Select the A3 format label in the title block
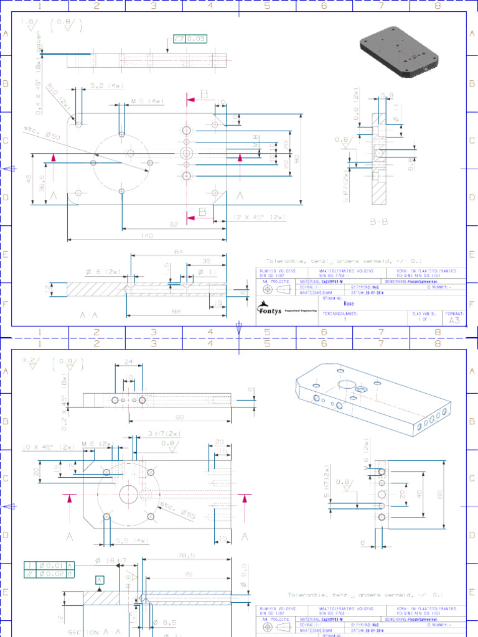click(x=454, y=320)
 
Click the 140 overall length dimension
click(x=147, y=235)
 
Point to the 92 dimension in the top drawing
click(x=174, y=224)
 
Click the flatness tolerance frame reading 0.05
click(x=190, y=39)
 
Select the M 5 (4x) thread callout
click(x=148, y=101)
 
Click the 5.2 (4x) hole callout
click(x=105, y=85)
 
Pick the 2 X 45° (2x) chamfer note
click(x=260, y=217)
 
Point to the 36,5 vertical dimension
click(x=42, y=186)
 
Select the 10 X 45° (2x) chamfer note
click(x=48, y=447)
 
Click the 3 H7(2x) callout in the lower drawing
click(x=164, y=434)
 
